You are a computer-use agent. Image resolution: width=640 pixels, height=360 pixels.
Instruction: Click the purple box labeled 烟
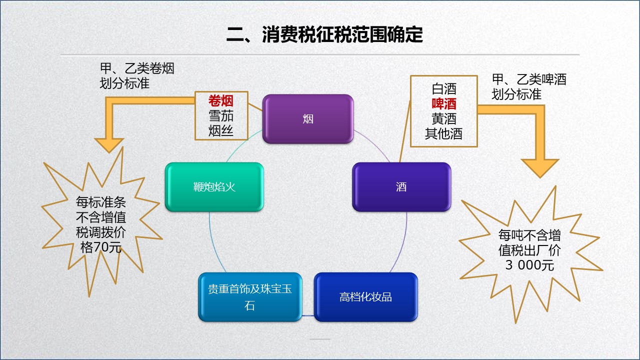coord(308,119)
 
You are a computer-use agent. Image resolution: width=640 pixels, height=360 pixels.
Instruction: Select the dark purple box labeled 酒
coord(401,187)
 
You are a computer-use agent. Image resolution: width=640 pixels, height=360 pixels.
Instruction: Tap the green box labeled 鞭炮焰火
coord(214,187)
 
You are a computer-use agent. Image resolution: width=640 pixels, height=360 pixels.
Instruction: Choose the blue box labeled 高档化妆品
coord(365,297)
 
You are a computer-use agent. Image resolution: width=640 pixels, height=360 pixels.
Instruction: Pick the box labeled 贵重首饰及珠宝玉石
coord(250,297)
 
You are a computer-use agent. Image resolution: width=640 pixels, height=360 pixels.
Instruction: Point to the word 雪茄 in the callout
coord(221,116)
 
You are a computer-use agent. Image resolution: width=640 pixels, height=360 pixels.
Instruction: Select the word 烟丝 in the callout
coord(221,131)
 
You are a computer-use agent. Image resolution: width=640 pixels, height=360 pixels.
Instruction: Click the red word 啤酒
coord(444,104)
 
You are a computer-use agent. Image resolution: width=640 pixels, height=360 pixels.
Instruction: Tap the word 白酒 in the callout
coord(444,89)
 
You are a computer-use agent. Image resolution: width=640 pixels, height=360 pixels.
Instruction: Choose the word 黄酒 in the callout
coord(444,119)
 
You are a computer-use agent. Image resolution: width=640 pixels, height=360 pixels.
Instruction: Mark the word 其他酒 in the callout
coord(444,134)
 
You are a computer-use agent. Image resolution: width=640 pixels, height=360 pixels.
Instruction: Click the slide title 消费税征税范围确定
coord(324,35)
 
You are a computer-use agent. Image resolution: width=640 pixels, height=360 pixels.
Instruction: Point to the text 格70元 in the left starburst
coord(101,247)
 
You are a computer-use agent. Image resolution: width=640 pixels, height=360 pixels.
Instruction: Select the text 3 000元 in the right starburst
coord(529,265)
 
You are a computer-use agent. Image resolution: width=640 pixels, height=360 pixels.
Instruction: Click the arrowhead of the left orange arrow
coord(109,145)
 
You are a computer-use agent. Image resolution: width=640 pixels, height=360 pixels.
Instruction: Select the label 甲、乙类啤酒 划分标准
coord(529,86)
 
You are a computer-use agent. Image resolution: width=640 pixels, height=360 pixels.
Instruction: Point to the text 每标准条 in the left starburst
coord(101,202)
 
